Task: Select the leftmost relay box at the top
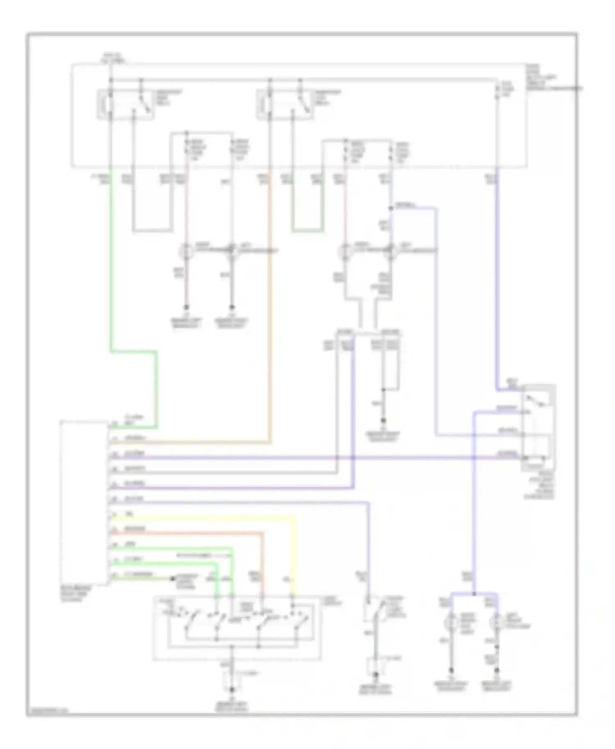click(125, 105)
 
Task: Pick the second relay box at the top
click(285, 105)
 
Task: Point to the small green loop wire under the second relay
click(307, 231)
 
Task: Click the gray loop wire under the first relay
click(152, 230)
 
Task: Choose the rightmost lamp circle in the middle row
click(391, 250)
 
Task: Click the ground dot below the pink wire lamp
click(187, 307)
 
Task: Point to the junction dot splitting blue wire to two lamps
click(474, 594)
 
